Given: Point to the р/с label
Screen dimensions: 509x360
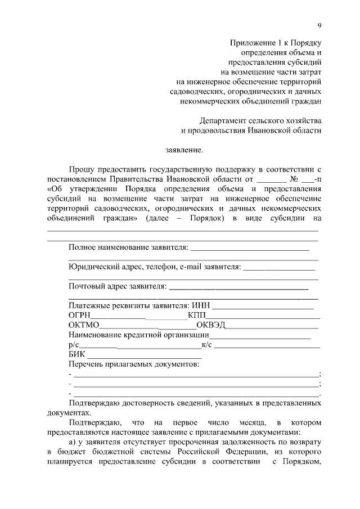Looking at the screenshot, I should (73, 345).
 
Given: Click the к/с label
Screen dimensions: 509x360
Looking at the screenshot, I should (206, 345).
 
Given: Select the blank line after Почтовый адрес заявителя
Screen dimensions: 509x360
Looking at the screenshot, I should (238, 287).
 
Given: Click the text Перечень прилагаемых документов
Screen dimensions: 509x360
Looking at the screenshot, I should (133, 364).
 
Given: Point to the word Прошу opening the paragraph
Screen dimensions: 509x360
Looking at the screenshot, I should (80, 169).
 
